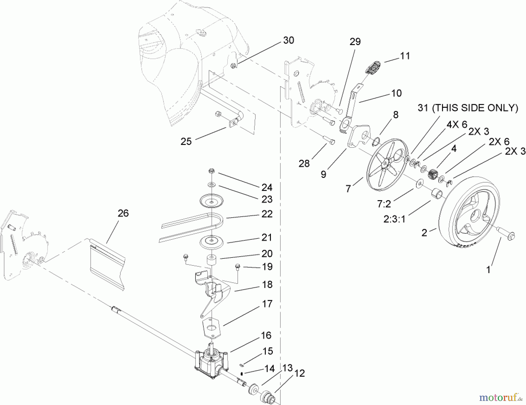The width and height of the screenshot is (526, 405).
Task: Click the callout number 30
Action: pyautogui.click(x=288, y=40)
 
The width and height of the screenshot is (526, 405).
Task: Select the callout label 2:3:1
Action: pyautogui.click(x=394, y=218)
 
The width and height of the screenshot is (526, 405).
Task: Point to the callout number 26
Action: pyautogui.click(x=123, y=213)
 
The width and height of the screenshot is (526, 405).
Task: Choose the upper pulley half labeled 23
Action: pyautogui.click(x=212, y=200)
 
